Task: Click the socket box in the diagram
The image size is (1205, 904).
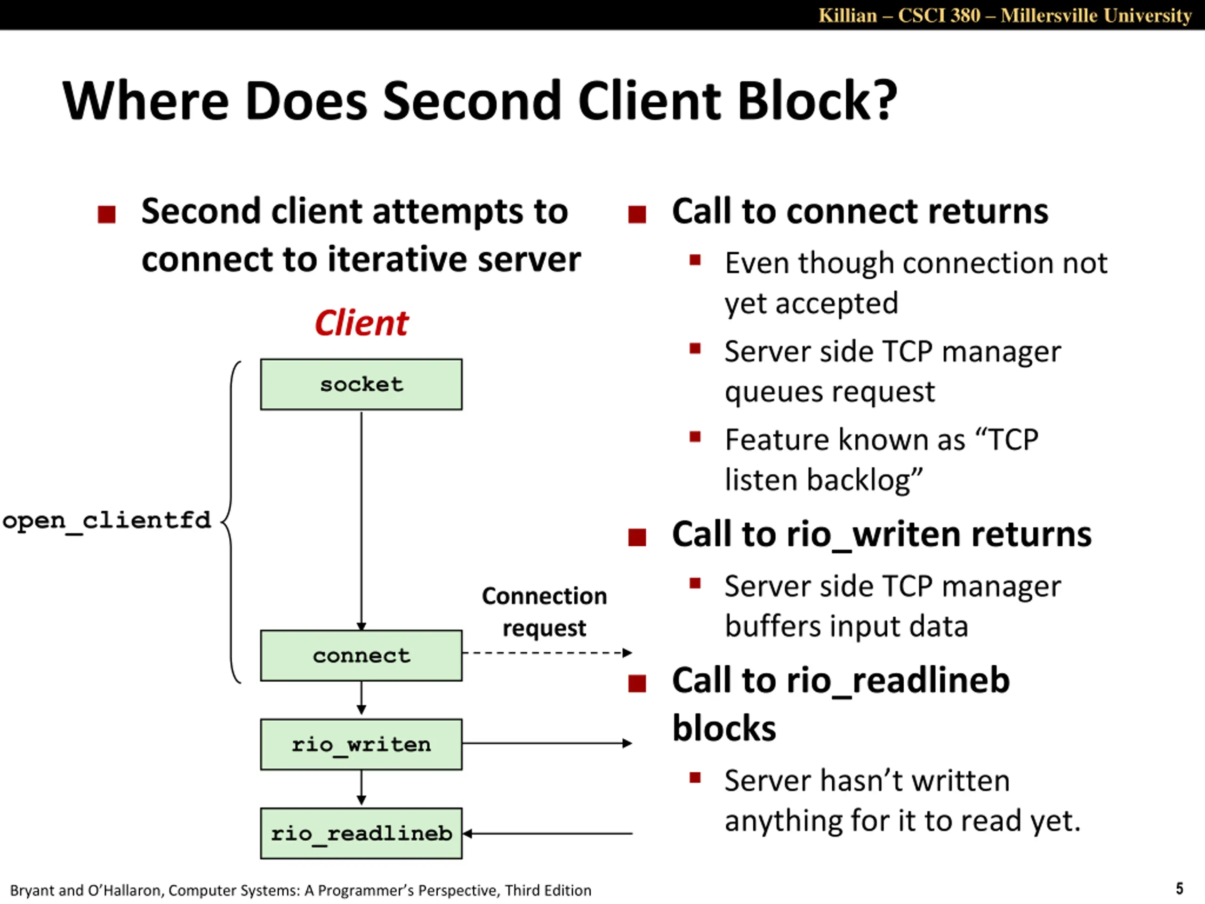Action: pyautogui.click(x=361, y=384)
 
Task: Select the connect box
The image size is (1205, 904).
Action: pyautogui.click(x=361, y=655)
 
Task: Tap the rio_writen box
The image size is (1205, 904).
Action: pyautogui.click(x=361, y=744)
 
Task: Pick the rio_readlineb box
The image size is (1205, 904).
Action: pyautogui.click(x=361, y=833)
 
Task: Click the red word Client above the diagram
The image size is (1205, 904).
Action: pyautogui.click(x=361, y=323)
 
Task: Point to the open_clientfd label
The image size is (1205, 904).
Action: pyautogui.click(x=107, y=521)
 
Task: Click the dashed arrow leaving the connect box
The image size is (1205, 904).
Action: pyautogui.click(x=547, y=653)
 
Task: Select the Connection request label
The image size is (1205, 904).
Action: pyautogui.click(x=544, y=612)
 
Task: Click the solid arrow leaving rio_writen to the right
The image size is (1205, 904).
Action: pyautogui.click(x=547, y=743)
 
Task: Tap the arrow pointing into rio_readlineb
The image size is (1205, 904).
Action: pyautogui.click(x=547, y=833)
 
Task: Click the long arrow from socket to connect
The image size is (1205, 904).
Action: pyautogui.click(x=361, y=520)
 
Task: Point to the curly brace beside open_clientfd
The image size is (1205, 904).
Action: pyautogui.click(x=231, y=522)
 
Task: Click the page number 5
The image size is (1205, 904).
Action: pyautogui.click(x=1180, y=889)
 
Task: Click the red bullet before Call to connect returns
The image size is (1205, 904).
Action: pyautogui.click(x=637, y=214)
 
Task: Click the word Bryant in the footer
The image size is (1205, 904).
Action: pyautogui.click(x=32, y=890)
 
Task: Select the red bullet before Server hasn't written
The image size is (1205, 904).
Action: pyautogui.click(x=695, y=778)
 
